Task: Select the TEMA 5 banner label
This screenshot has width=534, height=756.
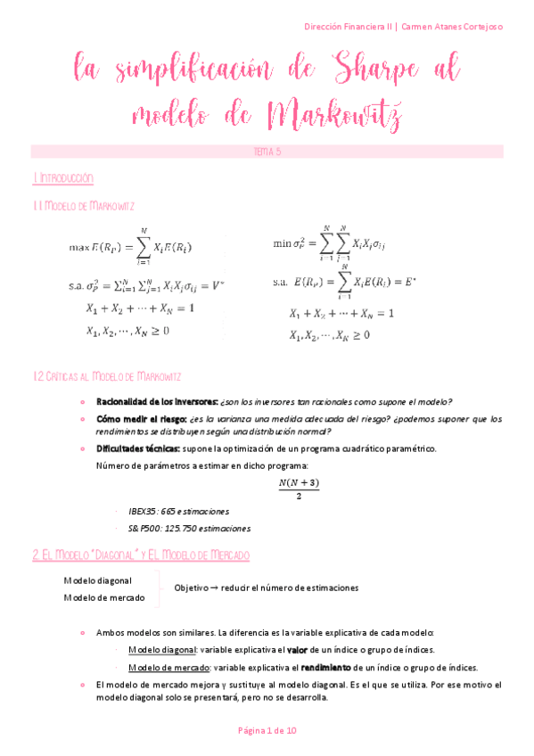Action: (x=267, y=152)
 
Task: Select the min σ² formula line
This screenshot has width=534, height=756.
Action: (x=330, y=242)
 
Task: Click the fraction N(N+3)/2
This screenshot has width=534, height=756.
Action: (x=298, y=489)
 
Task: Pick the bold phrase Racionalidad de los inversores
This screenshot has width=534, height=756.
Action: (x=156, y=400)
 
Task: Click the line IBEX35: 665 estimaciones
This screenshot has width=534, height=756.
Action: (x=178, y=512)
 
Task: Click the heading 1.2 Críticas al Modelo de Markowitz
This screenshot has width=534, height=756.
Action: (x=109, y=377)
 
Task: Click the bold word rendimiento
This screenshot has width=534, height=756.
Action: (x=328, y=667)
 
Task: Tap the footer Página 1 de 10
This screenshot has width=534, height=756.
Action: (x=267, y=730)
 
